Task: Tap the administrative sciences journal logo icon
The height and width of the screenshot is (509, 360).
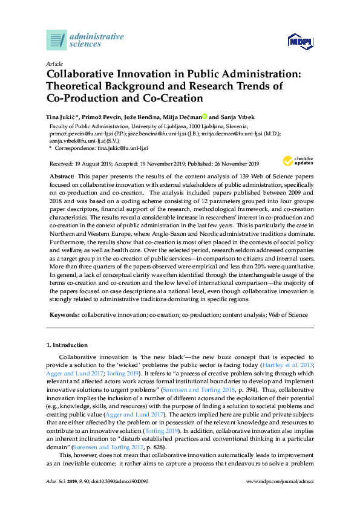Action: [56, 40]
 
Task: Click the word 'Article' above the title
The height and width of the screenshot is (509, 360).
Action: [54, 63]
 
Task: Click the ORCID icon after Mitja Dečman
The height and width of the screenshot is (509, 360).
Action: [205, 117]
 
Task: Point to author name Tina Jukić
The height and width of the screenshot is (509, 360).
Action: [62, 117]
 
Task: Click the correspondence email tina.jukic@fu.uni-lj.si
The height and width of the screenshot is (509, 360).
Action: [114, 148]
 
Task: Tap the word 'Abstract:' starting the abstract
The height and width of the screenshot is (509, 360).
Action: [64, 175]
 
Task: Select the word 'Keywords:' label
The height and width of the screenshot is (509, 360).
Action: [64, 315]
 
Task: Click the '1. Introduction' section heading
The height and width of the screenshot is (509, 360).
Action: [67, 345]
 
